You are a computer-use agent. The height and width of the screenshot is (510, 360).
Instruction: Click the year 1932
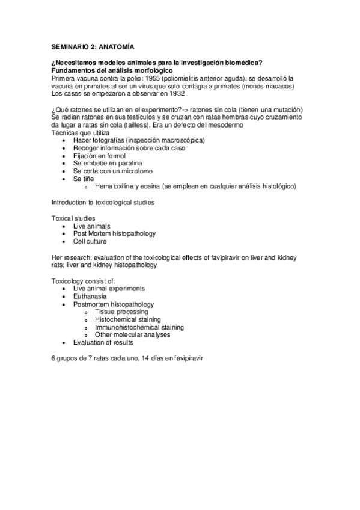click(x=174, y=94)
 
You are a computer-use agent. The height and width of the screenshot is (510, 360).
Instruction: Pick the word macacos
click(x=280, y=87)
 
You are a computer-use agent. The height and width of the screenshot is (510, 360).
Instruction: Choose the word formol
click(x=115, y=156)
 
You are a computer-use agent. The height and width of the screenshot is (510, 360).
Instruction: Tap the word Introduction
click(x=70, y=203)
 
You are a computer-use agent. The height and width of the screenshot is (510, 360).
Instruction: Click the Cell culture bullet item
click(x=90, y=242)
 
